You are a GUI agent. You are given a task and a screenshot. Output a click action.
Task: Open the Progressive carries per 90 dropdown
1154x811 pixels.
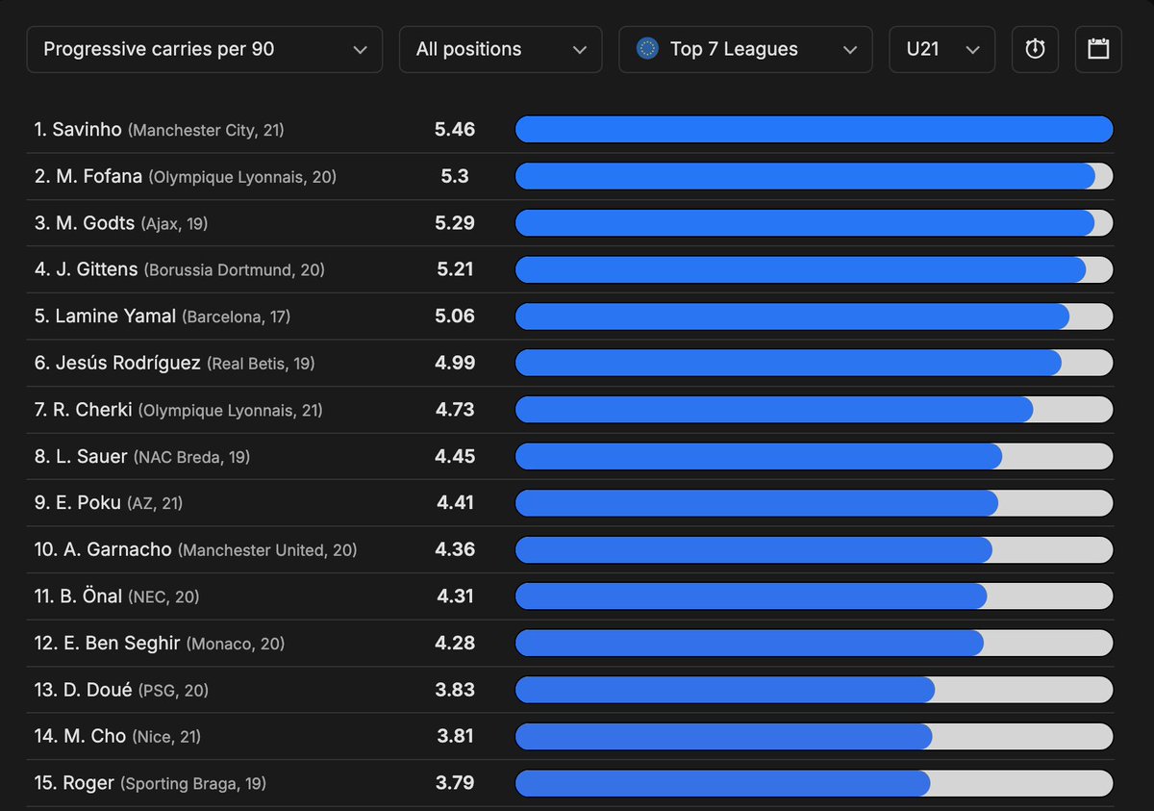(205, 49)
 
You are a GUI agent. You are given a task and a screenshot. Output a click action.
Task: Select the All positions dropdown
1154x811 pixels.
(500, 49)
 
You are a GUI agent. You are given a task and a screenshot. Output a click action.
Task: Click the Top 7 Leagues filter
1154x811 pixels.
(745, 49)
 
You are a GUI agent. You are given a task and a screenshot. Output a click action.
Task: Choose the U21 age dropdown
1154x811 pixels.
(941, 49)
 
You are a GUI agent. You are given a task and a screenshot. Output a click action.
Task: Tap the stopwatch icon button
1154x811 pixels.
(1035, 49)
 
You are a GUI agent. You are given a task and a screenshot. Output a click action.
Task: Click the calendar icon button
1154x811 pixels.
(1098, 49)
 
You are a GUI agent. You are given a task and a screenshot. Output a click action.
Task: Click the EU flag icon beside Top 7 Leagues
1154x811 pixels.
(647, 49)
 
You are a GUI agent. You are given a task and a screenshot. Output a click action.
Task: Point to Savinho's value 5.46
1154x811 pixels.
(454, 129)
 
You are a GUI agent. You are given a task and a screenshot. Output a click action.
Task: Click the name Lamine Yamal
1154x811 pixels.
(115, 316)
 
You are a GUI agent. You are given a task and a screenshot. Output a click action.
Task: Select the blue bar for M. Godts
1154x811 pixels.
(805, 223)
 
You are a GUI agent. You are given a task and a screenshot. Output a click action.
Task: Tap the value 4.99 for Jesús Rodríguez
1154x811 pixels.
(454, 363)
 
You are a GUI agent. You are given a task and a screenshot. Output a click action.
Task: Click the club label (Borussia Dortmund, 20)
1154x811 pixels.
(235, 270)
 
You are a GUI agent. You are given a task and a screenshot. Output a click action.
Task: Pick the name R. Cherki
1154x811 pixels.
(92, 410)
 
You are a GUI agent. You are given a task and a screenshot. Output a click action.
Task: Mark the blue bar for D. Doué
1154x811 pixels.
(725, 690)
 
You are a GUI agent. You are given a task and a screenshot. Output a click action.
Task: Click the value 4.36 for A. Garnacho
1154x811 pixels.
(454, 549)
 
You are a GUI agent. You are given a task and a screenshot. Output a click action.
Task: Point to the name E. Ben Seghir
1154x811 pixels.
(121, 643)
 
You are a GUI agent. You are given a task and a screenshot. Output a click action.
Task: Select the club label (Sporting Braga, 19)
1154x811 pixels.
(193, 783)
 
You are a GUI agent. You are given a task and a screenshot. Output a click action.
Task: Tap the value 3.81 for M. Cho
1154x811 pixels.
(454, 736)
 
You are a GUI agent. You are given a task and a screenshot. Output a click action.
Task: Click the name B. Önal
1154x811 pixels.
(90, 596)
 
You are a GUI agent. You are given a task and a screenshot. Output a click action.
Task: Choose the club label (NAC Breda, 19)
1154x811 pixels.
(191, 457)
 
